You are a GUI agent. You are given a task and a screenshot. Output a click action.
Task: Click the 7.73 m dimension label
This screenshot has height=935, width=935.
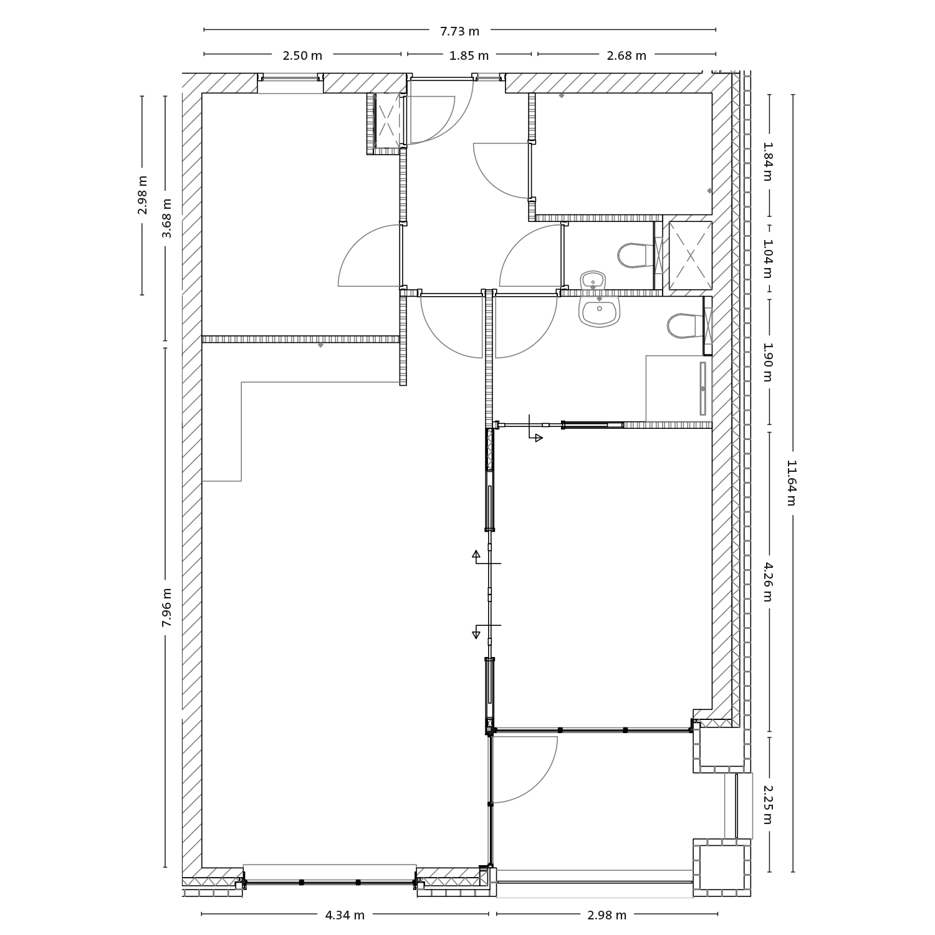coord(459,31)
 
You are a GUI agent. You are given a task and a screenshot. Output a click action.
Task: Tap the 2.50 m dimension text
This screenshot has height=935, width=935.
coord(302,55)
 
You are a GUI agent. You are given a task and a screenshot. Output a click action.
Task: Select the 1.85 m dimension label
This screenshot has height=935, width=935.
coord(469,55)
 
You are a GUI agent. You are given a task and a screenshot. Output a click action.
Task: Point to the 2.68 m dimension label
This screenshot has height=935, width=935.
coord(626,55)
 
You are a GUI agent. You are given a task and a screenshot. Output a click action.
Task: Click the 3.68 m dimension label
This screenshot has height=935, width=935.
coord(166,218)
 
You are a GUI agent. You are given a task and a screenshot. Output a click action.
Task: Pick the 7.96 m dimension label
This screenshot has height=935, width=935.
coord(166,608)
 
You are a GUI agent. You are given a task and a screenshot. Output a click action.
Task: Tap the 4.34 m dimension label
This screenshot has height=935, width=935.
coord(345,915)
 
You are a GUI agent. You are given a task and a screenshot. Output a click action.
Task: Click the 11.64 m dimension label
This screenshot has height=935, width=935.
coord(792,483)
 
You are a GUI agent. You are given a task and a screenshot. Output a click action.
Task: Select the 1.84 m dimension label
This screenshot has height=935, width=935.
coord(768,161)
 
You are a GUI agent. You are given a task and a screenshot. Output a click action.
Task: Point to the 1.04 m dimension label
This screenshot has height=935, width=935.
coord(768,259)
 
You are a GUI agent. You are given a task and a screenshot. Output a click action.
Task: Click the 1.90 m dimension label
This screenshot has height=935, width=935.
coord(768,362)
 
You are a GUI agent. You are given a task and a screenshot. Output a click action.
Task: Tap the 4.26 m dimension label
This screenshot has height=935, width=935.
coord(768,582)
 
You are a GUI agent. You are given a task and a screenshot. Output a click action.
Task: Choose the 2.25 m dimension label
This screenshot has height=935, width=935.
coord(768,804)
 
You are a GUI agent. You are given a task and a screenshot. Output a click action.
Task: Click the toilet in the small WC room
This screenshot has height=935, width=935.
coord(635,255)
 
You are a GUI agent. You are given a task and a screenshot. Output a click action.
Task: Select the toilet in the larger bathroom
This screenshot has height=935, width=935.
coord(684,325)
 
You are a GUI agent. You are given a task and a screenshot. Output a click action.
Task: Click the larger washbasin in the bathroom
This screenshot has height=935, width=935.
coord(599,310)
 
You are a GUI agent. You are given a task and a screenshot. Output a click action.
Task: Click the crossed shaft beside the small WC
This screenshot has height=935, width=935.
coord(690,255)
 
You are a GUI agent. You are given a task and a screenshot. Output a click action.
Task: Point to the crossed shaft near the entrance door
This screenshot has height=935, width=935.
coord(387,120)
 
